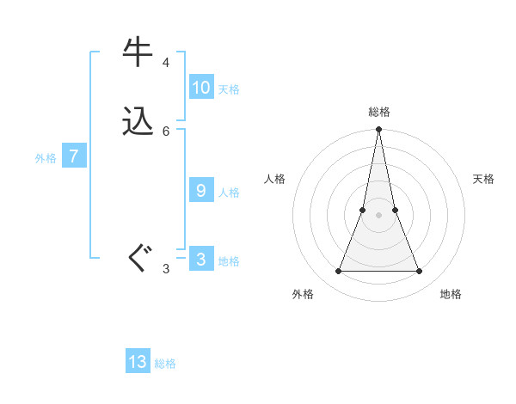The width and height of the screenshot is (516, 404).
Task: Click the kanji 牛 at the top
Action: point(138,52)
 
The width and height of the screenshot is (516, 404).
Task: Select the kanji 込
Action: point(138,121)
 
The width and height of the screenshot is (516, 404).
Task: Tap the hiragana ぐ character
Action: point(138,259)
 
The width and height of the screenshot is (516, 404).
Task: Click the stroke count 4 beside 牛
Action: point(166,63)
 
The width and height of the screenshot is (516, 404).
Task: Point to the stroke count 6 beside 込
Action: point(166,131)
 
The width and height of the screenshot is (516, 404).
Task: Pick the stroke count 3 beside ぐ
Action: point(166,269)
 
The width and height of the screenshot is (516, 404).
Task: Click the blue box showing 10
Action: point(201,88)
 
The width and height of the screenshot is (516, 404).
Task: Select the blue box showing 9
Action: point(201,191)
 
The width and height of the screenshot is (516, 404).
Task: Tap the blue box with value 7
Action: point(75,156)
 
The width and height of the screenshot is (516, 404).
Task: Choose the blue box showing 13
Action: point(138,362)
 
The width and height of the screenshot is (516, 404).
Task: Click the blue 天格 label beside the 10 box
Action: point(229,89)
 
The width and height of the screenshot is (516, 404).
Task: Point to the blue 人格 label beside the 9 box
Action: point(229,193)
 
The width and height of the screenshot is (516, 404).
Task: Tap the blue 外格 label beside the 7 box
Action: point(46,158)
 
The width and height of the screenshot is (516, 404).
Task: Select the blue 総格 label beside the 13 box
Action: point(165,364)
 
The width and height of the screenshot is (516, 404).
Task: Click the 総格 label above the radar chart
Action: point(379,112)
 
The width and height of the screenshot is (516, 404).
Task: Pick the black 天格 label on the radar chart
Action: point(483,179)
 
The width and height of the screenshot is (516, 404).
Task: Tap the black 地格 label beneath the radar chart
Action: point(451,294)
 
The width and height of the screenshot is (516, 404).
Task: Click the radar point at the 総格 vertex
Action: point(379,130)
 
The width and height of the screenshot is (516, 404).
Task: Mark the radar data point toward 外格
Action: point(339,272)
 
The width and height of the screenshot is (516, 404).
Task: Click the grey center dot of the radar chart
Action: point(379,215)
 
